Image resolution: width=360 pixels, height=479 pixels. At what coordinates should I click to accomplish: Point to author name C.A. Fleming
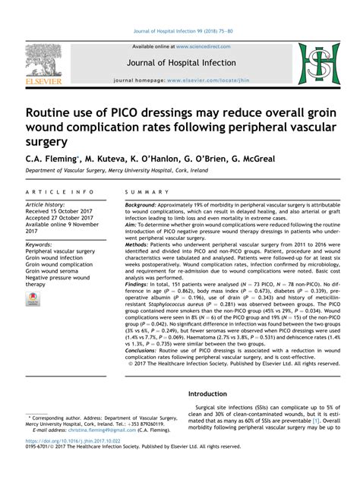tap(50, 158)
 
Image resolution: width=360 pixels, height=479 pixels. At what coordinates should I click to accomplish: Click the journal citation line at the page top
tap(180, 33)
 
